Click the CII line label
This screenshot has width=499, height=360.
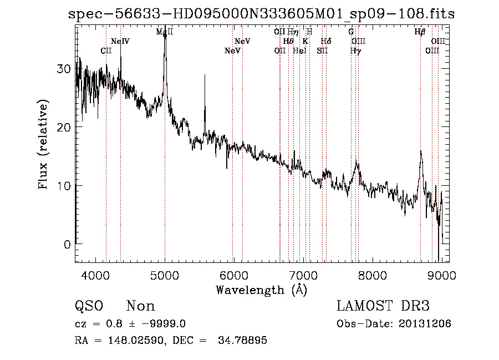coord(106,50)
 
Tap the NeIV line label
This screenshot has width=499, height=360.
coord(120,42)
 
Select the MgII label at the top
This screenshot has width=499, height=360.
coord(165,32)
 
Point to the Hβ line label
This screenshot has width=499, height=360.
coord(420,32)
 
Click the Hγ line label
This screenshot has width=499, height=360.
coord(355,50)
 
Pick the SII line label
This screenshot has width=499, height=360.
coord(322,50)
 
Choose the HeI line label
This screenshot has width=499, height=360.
coord(299,50)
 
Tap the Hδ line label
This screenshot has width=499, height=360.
coord(326,42)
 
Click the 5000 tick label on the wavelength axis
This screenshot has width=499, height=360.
coord(165,275)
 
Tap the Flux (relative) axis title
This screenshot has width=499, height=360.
coord(44,145)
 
